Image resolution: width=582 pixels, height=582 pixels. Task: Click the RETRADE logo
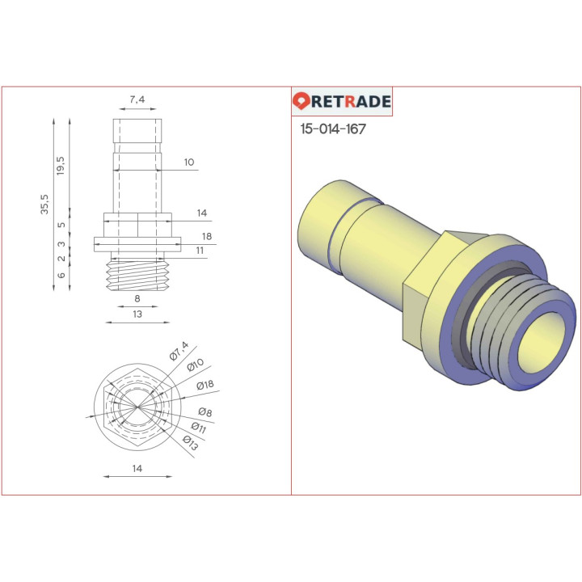[342, 102]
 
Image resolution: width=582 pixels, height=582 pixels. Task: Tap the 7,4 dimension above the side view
[137, 99]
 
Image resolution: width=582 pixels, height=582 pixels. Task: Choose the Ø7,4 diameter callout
[179, 351]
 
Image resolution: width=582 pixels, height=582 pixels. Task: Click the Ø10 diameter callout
[195, 366]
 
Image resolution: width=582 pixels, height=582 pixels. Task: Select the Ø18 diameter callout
[204, 386]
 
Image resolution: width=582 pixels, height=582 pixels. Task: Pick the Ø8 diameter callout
[205, 413]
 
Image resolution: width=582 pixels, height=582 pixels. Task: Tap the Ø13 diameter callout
[190, 441]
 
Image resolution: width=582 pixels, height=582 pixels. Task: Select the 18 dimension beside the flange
[207, 237]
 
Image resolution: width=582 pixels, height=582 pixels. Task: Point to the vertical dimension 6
[61, 275]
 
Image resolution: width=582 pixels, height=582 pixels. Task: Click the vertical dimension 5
[61, 226]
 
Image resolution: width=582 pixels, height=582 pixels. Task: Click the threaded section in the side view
[137, 274]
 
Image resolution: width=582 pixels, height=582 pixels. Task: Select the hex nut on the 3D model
[424, 295]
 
